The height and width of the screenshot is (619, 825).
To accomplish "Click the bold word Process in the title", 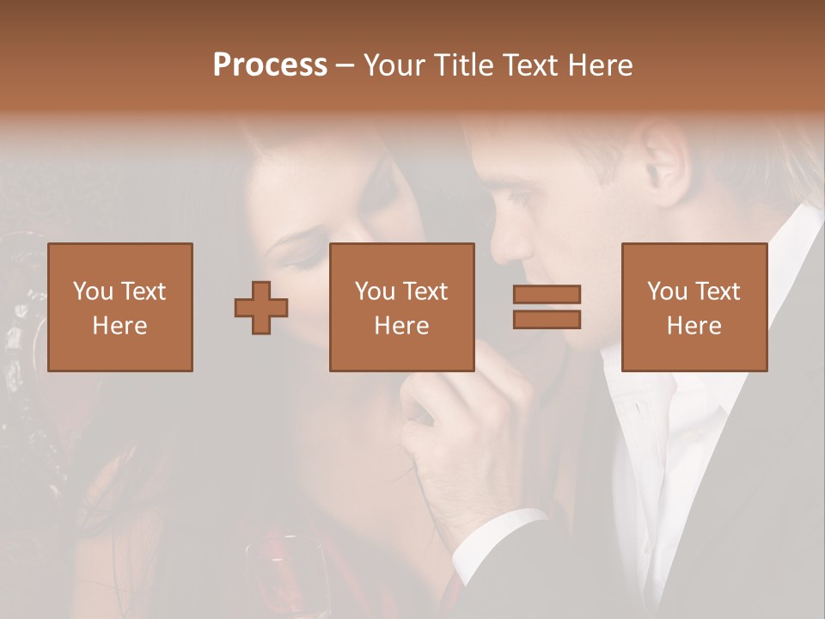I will pyautogui.click(x=270, y=65).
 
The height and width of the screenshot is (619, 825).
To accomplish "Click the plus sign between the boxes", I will pyautogui.click(x=261, y=308).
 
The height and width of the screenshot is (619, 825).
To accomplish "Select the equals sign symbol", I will pyautogui.click(x=547, y=307).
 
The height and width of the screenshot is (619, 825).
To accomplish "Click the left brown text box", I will pyautogui.click(x=120, y=307).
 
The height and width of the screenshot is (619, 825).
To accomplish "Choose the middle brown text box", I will pyautogui.click(x=401, y=307).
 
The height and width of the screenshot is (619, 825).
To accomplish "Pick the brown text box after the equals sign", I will pyautogui.click(x=694, y=307).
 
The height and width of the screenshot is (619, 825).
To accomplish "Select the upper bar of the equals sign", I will pyautogui.click(x=547, y=294).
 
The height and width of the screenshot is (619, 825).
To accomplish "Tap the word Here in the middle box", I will pyautogui.click(x=401, y=326).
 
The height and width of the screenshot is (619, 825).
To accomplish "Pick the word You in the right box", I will pyautogui.click(x=667, y=291).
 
